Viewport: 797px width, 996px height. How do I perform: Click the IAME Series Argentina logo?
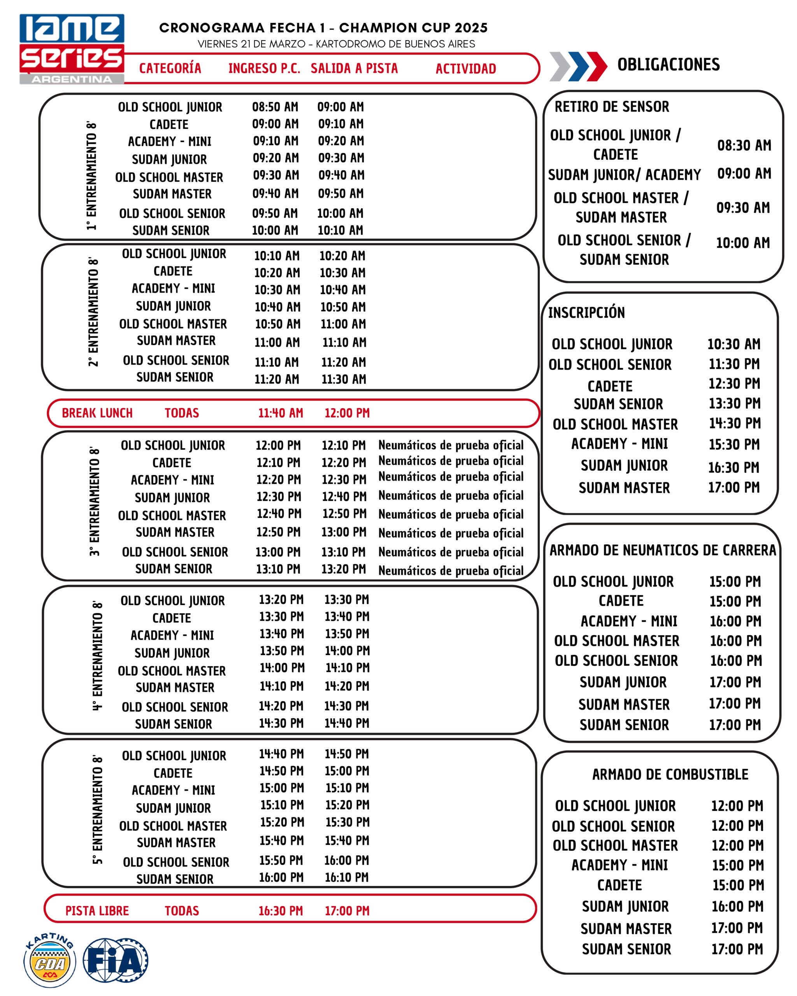[72, 49]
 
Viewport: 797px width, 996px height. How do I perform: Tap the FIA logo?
[116, 960]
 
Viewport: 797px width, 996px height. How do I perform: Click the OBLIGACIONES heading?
[668, 65]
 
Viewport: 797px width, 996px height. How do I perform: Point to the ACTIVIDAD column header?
[465, 69]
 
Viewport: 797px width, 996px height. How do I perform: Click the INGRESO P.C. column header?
[264, 69]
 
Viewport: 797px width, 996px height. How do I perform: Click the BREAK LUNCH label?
[97, 413]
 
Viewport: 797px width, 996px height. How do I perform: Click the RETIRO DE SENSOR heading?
[611, 107]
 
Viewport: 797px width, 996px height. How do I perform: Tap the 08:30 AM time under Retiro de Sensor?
[744, 146]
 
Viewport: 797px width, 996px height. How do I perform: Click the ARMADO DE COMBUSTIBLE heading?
[670, 774]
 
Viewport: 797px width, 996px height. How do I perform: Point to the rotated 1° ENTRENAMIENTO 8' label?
[91, 175]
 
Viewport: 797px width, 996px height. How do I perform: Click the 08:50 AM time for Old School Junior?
[275, 107]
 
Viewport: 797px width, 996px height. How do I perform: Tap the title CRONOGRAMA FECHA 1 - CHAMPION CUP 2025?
[323, 28]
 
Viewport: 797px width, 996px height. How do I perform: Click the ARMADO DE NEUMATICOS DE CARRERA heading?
[663, 550]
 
